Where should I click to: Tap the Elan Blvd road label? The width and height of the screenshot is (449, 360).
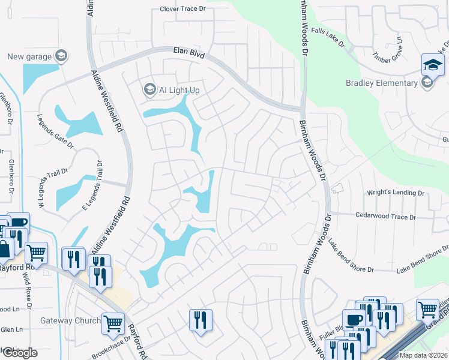(189, 54)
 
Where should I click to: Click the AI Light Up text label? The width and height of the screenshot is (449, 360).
(179, 90)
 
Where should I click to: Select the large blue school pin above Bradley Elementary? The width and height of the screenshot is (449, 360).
(433, 64)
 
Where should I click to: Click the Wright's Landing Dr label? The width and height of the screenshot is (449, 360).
(396, 193)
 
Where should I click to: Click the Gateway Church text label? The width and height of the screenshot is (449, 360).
(70, 320)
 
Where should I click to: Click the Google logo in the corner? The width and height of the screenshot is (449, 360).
(19, 353)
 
